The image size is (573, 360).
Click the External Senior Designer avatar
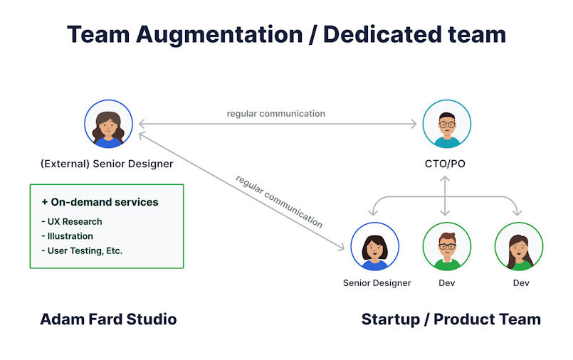(x=108, y=124)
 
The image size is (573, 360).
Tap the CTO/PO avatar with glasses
(x=446, y=124)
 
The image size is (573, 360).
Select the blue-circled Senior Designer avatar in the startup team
(x=374, y=246)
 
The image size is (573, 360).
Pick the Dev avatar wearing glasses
(x=446, y=246)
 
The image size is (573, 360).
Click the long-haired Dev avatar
(x=519, y=246)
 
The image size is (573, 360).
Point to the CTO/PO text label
(x=445, y=164)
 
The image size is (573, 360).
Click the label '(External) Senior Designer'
(x=107, y=164)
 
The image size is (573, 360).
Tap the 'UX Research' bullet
(x=72, y=222)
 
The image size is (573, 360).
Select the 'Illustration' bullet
(x=67, y=236)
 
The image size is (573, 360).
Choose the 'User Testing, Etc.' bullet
(x=82, y=251)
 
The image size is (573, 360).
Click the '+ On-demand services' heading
(x=100, y=202)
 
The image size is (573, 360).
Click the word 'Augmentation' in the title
(x=219, y=35)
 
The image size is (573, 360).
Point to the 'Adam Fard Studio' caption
(x=108, y=319)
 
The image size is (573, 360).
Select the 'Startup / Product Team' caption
(x=451, y=319)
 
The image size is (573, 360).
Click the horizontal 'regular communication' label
(x=276, y=114)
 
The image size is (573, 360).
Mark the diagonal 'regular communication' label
(x=279, y=201)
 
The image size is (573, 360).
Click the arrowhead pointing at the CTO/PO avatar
(x=414, y=124)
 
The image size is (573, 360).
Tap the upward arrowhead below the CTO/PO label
(x=445, y=179)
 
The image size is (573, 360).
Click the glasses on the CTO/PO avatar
(x=447, y=125)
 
